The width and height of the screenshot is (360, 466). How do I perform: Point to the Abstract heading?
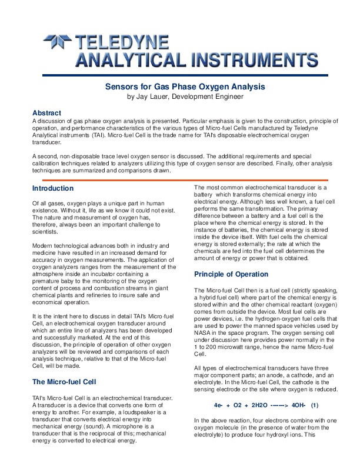click(x=46, y=112)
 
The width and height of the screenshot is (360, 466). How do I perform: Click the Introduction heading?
click(x=53, y=188)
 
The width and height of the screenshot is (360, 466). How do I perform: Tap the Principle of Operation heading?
click(x=231, y=274)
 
